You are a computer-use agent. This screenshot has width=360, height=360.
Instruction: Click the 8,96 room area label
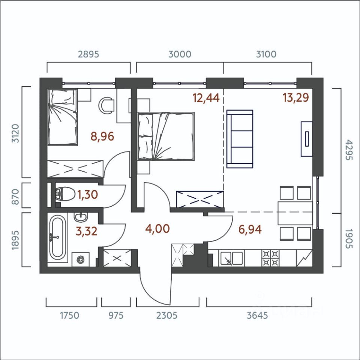coord(102,136)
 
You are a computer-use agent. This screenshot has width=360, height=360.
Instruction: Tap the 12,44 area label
coord(206,98)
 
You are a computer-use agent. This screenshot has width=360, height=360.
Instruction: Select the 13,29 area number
coord(296,97)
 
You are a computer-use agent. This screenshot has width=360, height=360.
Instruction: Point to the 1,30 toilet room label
coord(87,195)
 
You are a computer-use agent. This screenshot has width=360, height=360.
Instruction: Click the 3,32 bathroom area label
coord(87,231)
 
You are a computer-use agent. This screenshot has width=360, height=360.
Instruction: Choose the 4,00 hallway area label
coord(157,229)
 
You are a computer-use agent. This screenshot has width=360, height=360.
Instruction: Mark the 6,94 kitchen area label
coord(250,229)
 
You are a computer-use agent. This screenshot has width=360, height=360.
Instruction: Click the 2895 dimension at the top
coord(88,54)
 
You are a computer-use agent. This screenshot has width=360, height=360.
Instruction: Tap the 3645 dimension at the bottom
coord(257,315)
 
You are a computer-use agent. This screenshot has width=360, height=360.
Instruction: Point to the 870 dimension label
coord(15,197)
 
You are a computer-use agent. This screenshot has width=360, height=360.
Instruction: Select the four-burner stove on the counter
coord(270,258)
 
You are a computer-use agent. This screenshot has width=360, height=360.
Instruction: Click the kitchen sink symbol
coord(231,258)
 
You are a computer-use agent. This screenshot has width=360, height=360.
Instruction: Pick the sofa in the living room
coord(240,139)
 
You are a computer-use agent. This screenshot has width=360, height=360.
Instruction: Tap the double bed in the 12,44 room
coord(166,136)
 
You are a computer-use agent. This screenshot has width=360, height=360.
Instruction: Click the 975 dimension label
coord(116,315)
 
